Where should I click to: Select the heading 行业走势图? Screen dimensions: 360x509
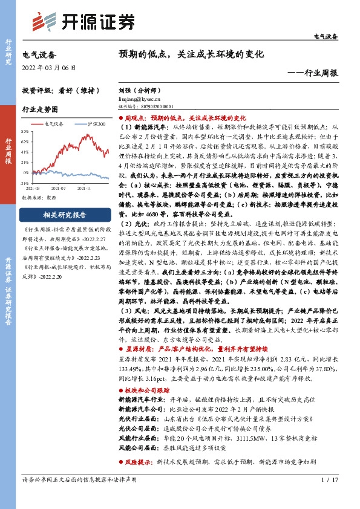tap(40, 110)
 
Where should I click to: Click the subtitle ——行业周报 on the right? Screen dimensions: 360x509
tap(313, 73)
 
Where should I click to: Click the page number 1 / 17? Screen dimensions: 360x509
tap(330, 496)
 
